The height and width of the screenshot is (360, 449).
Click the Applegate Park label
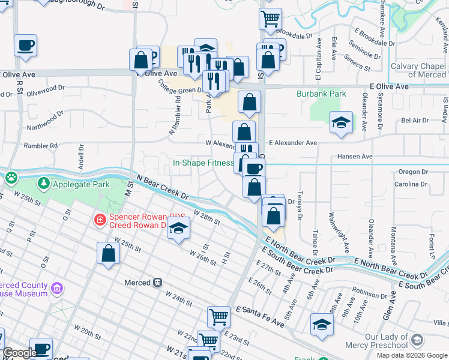pos(81,184)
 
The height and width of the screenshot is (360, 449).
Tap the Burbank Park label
pos(321,94)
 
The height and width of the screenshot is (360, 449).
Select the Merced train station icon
pos(157,282)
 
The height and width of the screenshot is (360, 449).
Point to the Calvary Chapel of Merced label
pos(418,70)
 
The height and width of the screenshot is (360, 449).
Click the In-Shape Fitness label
pos(203,163)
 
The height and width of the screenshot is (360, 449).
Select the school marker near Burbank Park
pos(341,124)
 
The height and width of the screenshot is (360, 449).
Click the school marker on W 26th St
pos(178,229)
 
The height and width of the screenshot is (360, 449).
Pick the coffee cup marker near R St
pos(25,46)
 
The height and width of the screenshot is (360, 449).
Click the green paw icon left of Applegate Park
pos(11,177)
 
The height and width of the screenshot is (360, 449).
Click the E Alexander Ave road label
pos(292,143)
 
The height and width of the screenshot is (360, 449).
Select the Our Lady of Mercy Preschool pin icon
pos(417,341)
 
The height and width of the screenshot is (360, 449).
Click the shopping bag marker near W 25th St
pos(108,253)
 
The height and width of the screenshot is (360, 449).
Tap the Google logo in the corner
pos(20,353)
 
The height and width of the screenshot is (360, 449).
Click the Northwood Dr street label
pos(45,127)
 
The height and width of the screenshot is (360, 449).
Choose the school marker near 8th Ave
pos(322,325)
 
